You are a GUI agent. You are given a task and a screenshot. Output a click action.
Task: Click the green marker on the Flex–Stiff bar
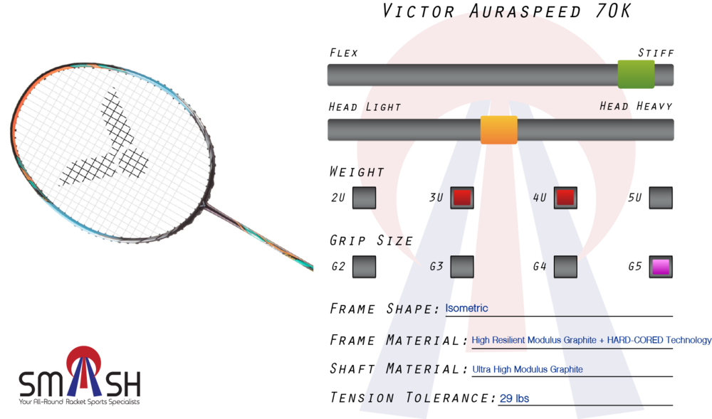point(636,75)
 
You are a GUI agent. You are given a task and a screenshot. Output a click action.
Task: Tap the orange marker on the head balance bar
point(498,129)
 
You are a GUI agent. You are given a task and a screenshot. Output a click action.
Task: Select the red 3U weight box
point(462,198)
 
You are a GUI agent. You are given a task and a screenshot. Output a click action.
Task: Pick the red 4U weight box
point(565,198)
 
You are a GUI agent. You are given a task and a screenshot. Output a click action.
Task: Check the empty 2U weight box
point(364,198)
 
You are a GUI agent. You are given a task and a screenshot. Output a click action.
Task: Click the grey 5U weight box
point(661,198)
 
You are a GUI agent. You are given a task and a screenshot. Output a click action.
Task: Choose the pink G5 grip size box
point(661,267)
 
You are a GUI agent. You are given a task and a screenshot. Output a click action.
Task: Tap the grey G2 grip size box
point(364,267)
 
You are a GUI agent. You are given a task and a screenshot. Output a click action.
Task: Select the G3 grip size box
point(462,267)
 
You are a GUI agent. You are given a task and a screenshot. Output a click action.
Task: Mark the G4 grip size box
point(565,267)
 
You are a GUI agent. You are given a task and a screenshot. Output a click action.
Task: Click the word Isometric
point(466,308)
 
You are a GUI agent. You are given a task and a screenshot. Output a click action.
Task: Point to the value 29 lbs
point(514,398)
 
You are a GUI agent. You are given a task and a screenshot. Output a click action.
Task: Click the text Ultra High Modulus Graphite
point(528,369)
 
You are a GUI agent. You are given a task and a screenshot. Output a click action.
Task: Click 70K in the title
point(612,11)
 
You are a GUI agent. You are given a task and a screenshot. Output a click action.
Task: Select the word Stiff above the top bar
point(656,53)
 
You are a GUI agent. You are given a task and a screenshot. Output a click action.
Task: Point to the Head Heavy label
point(636,106)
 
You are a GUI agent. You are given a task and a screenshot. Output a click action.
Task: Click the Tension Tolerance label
point(412,398)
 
